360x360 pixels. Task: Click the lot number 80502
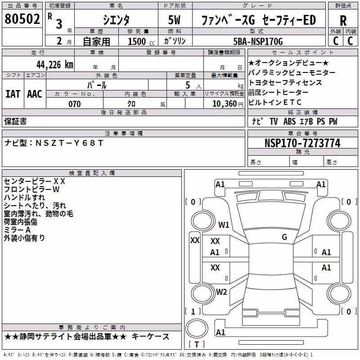coord(22,18)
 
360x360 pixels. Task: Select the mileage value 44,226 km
coord(55,65)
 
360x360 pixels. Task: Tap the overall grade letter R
coord(343,21)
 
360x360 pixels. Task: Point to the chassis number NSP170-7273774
coord(302,143)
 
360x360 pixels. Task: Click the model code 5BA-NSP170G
coord(258,41)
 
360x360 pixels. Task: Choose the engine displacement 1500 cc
coord(141,41)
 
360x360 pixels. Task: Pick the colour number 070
coord(75,104)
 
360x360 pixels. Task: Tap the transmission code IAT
coord(13,94)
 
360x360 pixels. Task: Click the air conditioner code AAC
coord(35,94)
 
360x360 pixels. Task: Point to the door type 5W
coord(174,20)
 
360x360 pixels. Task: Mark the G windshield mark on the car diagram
coord(284,237)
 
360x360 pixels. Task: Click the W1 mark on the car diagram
coord(224,225)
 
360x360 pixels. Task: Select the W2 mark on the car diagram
coord(221,292)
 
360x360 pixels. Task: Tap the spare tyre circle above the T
coord(197,328)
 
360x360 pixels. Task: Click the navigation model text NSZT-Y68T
coord(69,143)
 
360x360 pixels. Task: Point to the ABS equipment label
coord(289,121)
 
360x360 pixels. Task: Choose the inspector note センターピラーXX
coord(35,181)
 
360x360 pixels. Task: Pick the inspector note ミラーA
coord(17,230)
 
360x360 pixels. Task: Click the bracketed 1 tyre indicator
coord(193,311)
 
